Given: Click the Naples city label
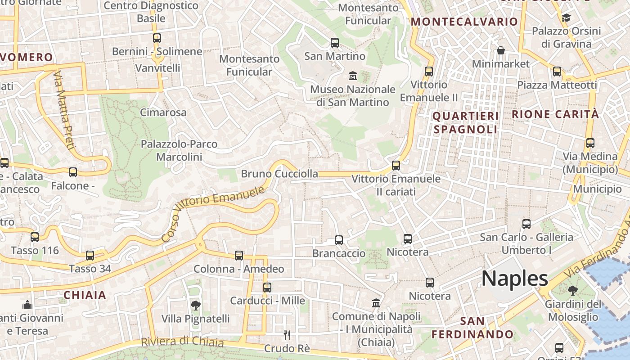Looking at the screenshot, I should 515,279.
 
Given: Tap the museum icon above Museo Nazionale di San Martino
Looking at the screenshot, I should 353,76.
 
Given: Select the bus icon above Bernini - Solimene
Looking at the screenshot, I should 157,38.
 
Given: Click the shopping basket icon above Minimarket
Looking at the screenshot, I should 500,50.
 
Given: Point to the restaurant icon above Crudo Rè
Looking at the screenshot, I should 287,335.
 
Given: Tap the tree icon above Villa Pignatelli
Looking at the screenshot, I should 195,306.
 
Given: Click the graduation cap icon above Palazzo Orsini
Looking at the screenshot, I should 566,18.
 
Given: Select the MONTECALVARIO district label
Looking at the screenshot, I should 464,22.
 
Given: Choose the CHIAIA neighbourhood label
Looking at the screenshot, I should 85,295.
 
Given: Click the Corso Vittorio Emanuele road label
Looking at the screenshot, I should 212,214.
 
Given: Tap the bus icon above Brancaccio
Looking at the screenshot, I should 339,240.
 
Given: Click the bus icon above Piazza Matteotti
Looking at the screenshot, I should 557,71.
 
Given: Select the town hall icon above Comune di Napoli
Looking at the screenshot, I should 376,303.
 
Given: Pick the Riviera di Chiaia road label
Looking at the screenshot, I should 182,342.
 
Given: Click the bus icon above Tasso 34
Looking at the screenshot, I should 90,256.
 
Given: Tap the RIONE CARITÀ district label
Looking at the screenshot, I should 555,114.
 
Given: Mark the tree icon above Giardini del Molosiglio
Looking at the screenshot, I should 573,291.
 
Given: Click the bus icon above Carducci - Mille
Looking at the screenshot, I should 267,287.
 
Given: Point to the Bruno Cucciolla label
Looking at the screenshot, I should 279,174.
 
